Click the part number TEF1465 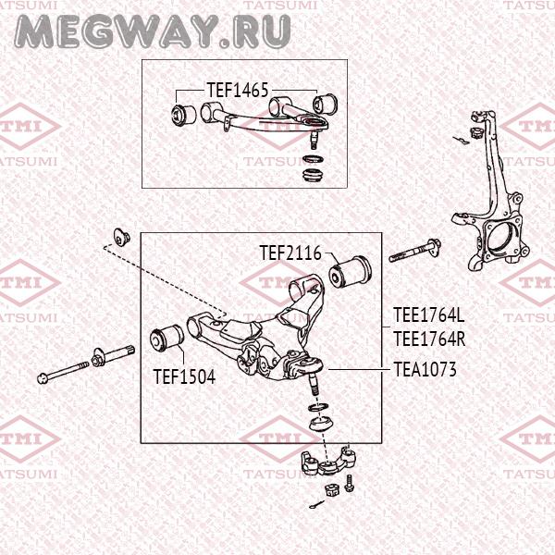[x=238, y=91]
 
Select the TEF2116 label [x=290, y=252]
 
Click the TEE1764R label [x=428, y=339]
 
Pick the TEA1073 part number [x=425, y=369]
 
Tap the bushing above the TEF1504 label [x=168, y=337]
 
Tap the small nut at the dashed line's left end [x=118, y=235]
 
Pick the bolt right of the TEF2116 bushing [x=414, y=250]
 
